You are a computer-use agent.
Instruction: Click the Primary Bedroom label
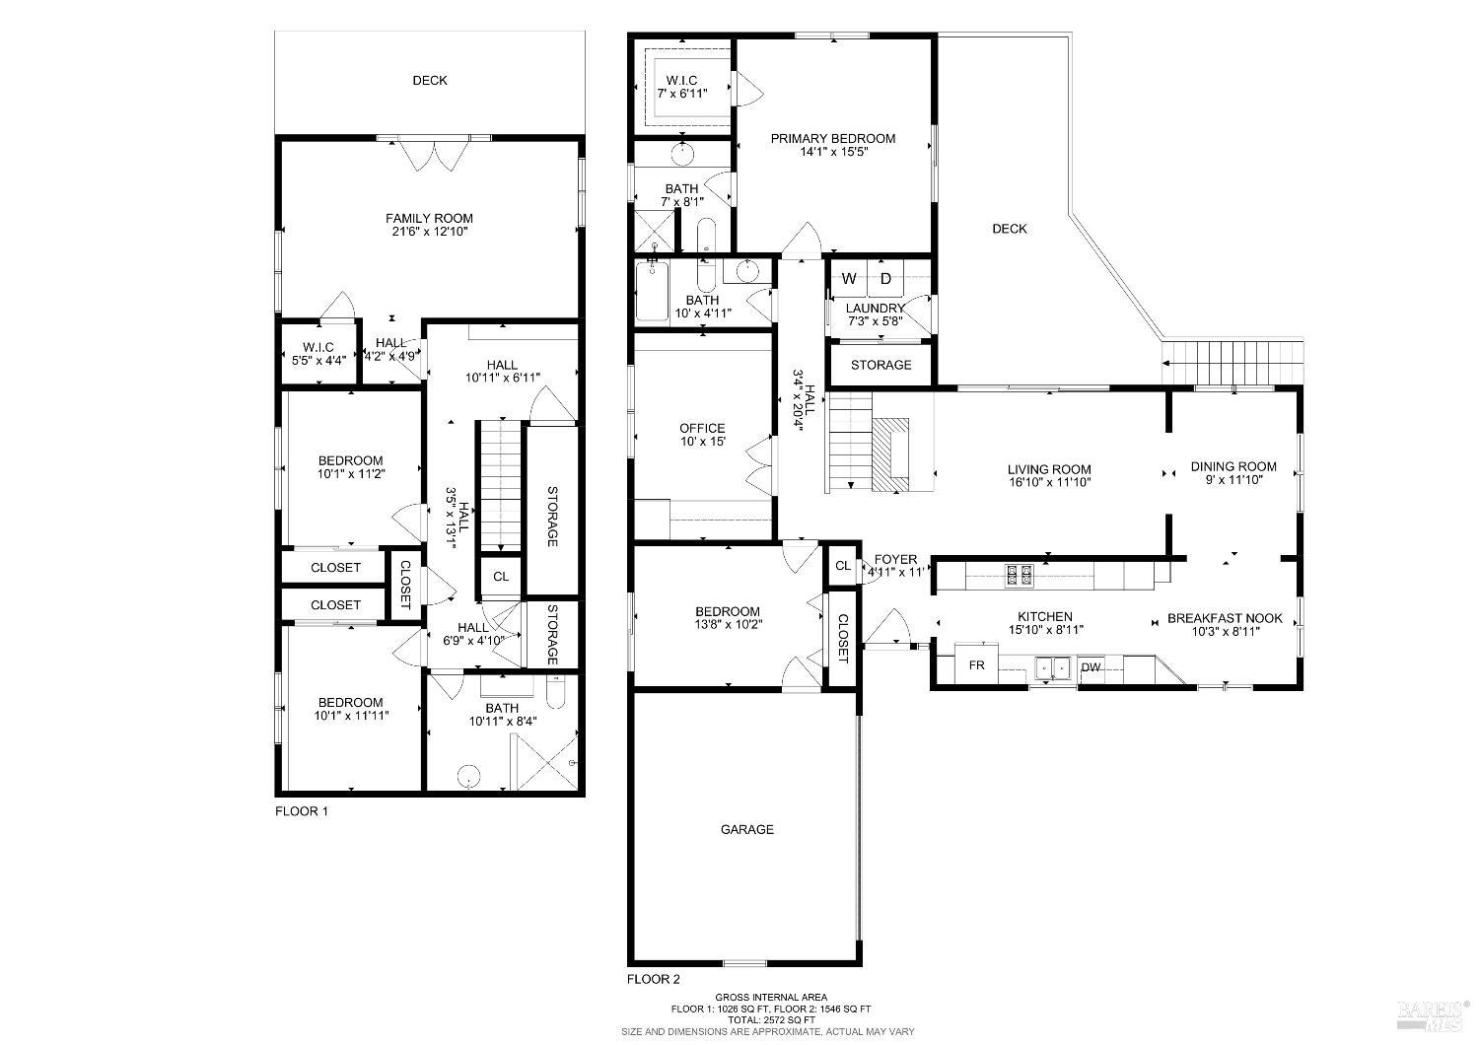pos(833,139)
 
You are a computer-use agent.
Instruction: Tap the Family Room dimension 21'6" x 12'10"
pos(429,233)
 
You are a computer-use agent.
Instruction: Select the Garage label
pos(746,830)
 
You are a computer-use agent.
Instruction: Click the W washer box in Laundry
pos(849,279)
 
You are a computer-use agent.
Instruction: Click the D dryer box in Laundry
pos(885,279)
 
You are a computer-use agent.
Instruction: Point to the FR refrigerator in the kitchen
pos(976,666)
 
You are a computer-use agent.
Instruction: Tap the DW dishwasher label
pos(1091,668)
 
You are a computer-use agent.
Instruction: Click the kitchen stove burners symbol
pos(1018,576)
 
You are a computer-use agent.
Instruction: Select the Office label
pos(702,429)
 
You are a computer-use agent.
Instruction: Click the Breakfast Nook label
pos(1225,618)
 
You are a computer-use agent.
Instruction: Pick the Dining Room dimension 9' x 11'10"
pos(1233,480)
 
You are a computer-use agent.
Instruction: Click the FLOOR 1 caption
pos(301,811)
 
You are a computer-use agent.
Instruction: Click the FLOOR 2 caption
pos(654,979)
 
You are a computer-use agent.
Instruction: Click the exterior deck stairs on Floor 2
pos(1232,362)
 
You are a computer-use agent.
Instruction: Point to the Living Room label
pos(1049,470)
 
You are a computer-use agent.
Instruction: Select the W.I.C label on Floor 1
pos(318,347)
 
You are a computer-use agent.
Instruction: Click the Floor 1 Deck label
pos(429,81)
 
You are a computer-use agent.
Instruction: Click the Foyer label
pos(895,560)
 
